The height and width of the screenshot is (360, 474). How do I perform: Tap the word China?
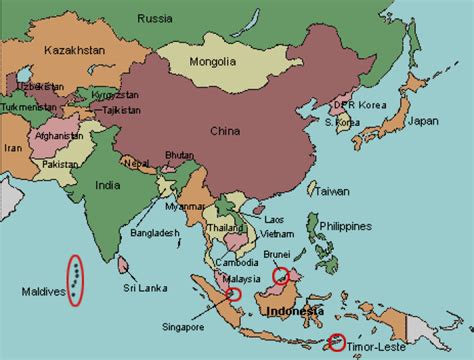225,130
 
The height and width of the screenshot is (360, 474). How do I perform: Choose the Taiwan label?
333,191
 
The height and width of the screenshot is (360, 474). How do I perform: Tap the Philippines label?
346,226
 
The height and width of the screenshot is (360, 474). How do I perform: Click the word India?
107,185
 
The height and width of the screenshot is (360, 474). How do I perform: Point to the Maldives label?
42,292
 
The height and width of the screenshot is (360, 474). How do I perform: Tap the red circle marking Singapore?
234,294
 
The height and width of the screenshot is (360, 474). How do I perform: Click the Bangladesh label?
155,233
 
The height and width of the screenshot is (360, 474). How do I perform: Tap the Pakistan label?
60,163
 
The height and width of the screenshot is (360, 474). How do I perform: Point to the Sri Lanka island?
123,265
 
